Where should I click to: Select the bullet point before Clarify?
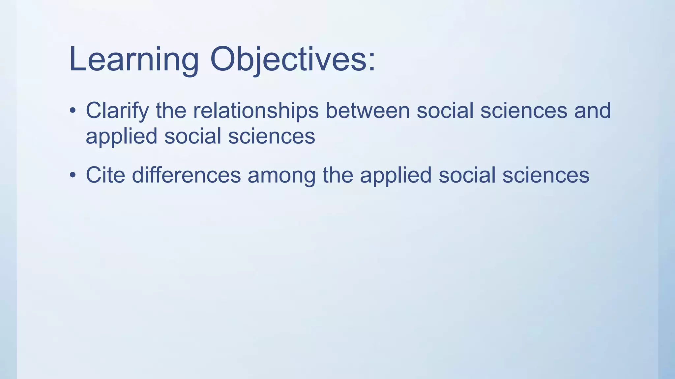click(73, 111)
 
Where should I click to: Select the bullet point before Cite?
click(73, 175)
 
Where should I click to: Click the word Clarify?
click(117, 111)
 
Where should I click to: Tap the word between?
click(367, 111)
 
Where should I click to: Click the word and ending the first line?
click(592, 111)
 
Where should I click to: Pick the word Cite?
click(105, 175)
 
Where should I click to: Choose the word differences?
click(186, 175)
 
